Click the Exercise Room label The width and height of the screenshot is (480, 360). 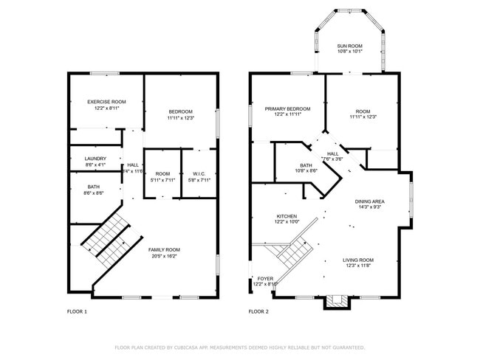pyautogui.click(x=106, y=102)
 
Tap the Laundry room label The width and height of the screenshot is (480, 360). pyautogui.click(x=95, y=159)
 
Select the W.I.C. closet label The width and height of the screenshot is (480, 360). pyautogui.click(x=199, y=173)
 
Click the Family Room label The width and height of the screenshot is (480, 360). pyautogui.click(x=164, y=250)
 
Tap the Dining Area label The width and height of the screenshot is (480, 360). pyautogui.click(x=369, y=201)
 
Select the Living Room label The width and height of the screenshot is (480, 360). pyautogui.click(x=358, y=260)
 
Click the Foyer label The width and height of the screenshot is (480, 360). pyautogui.click(x=264, y=279)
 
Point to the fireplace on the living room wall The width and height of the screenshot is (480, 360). pyautogui.click(x=336, y=300)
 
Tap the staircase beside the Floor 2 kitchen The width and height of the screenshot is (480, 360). pyautogui.click(x=292, y=253)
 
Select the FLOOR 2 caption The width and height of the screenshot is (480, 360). pyautogui.click(x=258, y=312)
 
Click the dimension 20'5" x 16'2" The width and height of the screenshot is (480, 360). pyautogui.click(x=164, y=256)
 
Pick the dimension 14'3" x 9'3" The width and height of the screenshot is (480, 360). pyautogui.click(x=369, y=207)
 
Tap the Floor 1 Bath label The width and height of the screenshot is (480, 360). pyautogui.click(x=95, y=187)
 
